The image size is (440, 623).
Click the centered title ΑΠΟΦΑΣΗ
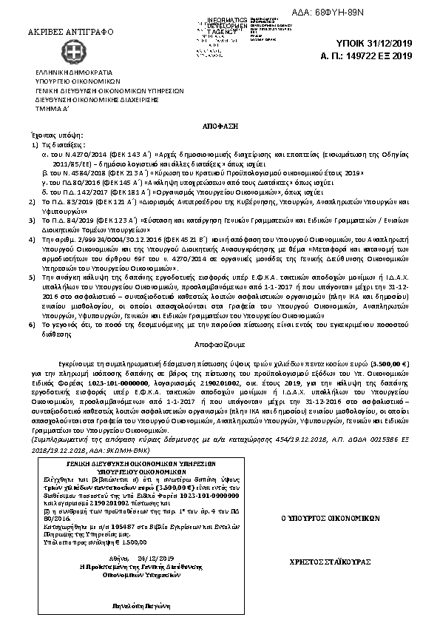[219, 127]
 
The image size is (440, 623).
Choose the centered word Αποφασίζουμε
[220, 345]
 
